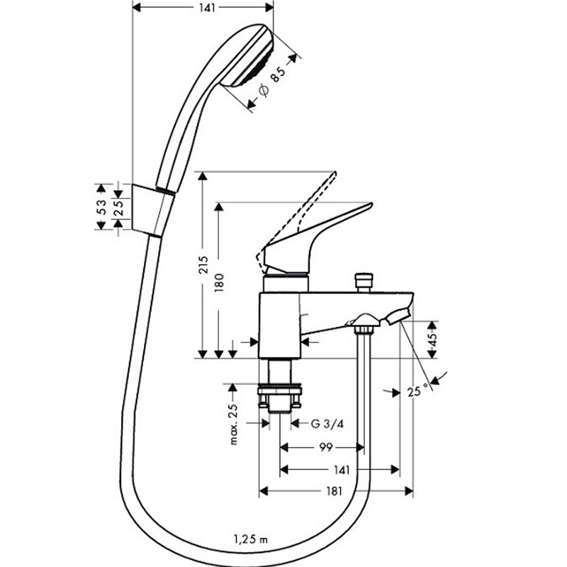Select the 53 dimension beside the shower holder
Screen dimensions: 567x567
102,207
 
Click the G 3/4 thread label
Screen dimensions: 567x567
324,424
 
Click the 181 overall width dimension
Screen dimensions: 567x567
335,490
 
